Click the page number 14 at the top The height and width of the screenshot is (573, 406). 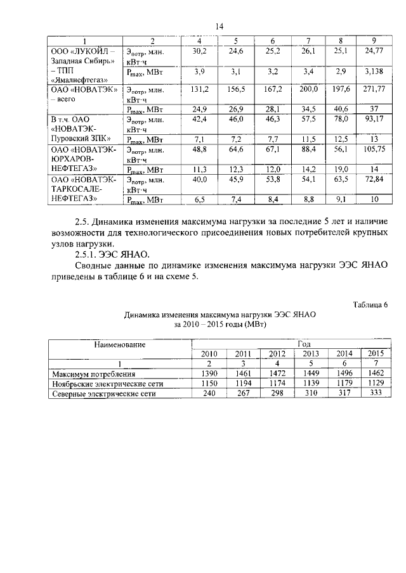tap(219, 26)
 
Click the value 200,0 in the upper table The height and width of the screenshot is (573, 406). tap(309, 91)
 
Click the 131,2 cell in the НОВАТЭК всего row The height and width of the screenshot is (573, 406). tap(200, 91)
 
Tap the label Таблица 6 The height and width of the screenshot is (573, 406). tap(370, 305)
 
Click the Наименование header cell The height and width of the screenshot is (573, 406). tap(121, 344)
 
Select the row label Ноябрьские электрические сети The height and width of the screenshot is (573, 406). tap(106, 384)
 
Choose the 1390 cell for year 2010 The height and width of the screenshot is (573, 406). tap(209, 374)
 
